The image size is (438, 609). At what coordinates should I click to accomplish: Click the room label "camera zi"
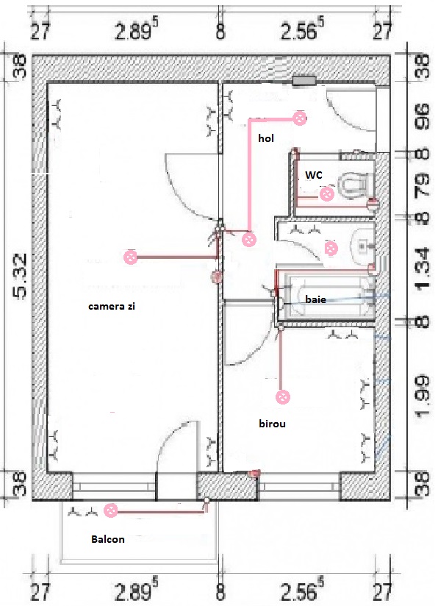click(x=112, y=306)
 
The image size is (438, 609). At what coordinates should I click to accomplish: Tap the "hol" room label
click(x=266, y=138)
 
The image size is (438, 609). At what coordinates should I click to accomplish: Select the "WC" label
click(x=314, y=175)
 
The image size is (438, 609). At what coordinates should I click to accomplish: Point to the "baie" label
click(x=315, y=299)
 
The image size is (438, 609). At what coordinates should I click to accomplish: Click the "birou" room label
click(x=273, y=424)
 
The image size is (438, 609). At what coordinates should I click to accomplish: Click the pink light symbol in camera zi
click(x=131, y=257)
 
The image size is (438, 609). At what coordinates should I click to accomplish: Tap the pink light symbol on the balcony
click(x=111, y=510)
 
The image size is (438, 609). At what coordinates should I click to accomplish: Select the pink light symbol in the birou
click(x=283, y=397)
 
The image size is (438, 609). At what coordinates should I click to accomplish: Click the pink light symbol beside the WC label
click(x=326, y=193)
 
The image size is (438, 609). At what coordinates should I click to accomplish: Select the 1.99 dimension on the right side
click(x=423, y=396)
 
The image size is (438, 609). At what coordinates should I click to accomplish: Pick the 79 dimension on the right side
click(x=423, y=185)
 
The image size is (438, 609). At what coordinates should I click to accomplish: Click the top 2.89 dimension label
click(x=137, y=30)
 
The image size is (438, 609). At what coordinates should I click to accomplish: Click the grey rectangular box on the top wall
click(x=304, y=80)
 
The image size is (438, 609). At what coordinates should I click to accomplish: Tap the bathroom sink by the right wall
click(x=363, y=247)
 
